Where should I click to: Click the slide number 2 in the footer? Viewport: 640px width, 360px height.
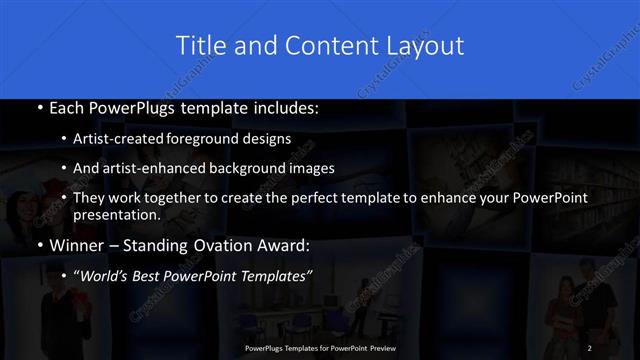(x=590, y=348)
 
